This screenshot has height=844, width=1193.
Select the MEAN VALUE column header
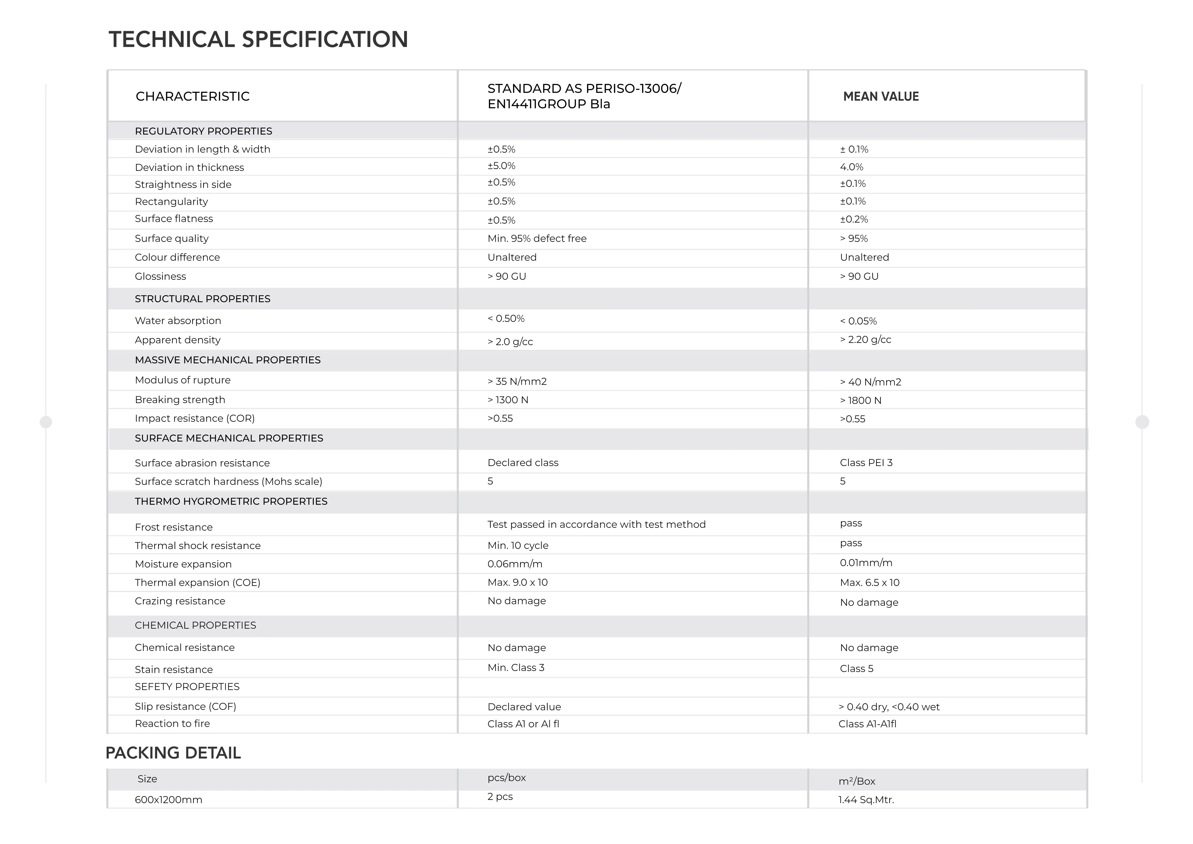tap(881, 97)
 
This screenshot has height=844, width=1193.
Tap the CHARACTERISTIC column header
tap(192, 97)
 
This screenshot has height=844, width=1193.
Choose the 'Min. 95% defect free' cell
tap(537, 239)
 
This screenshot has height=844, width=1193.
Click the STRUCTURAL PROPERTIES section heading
tap(203, 299)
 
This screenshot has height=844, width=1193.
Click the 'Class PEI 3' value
tap(866, 463)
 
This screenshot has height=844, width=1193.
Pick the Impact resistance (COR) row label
tap(194, 418)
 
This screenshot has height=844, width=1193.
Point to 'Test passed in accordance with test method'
tap(596, 524)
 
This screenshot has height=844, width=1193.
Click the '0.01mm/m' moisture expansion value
tap(866, 563)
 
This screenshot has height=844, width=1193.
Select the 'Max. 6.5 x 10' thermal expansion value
tap(869, 583)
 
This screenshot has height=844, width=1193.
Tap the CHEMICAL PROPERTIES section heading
tap(195, 625)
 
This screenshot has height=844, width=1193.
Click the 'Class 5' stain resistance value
tap(856, 669)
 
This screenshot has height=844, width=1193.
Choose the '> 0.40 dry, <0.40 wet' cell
tap(889, 707)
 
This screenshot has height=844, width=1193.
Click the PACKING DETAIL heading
tap(173, 753)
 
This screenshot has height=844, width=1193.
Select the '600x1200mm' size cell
tap(168, 800)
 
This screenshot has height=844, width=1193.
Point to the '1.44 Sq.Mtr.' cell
tap(866, 800)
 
